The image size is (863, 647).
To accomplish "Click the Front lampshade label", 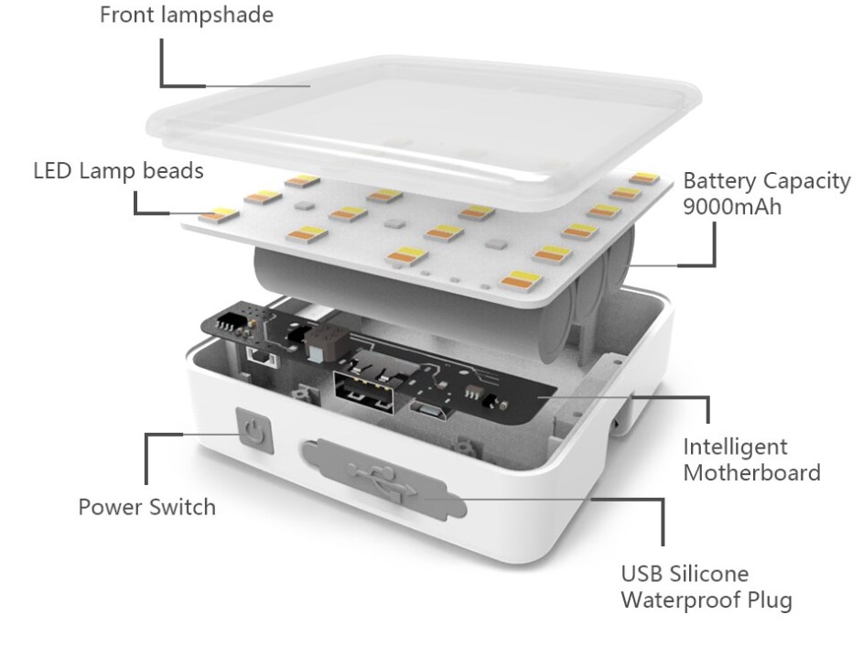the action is [187, 15].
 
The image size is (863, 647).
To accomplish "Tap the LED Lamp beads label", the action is [118, 171].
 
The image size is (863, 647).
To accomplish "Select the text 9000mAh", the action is [732, 207].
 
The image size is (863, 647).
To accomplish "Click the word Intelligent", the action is [735, 448].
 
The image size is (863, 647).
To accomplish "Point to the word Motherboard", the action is [752, 472].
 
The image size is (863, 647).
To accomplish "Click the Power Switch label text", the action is [147, 507].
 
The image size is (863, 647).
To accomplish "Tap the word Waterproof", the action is [682, 599].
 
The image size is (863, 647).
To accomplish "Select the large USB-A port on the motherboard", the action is [364, 392].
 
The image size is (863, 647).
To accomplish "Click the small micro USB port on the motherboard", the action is [430, 410].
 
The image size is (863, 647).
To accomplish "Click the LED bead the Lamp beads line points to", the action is [219, 215].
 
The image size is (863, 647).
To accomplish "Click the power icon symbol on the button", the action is [254, 431].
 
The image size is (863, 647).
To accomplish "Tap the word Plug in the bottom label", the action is [770, 599].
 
